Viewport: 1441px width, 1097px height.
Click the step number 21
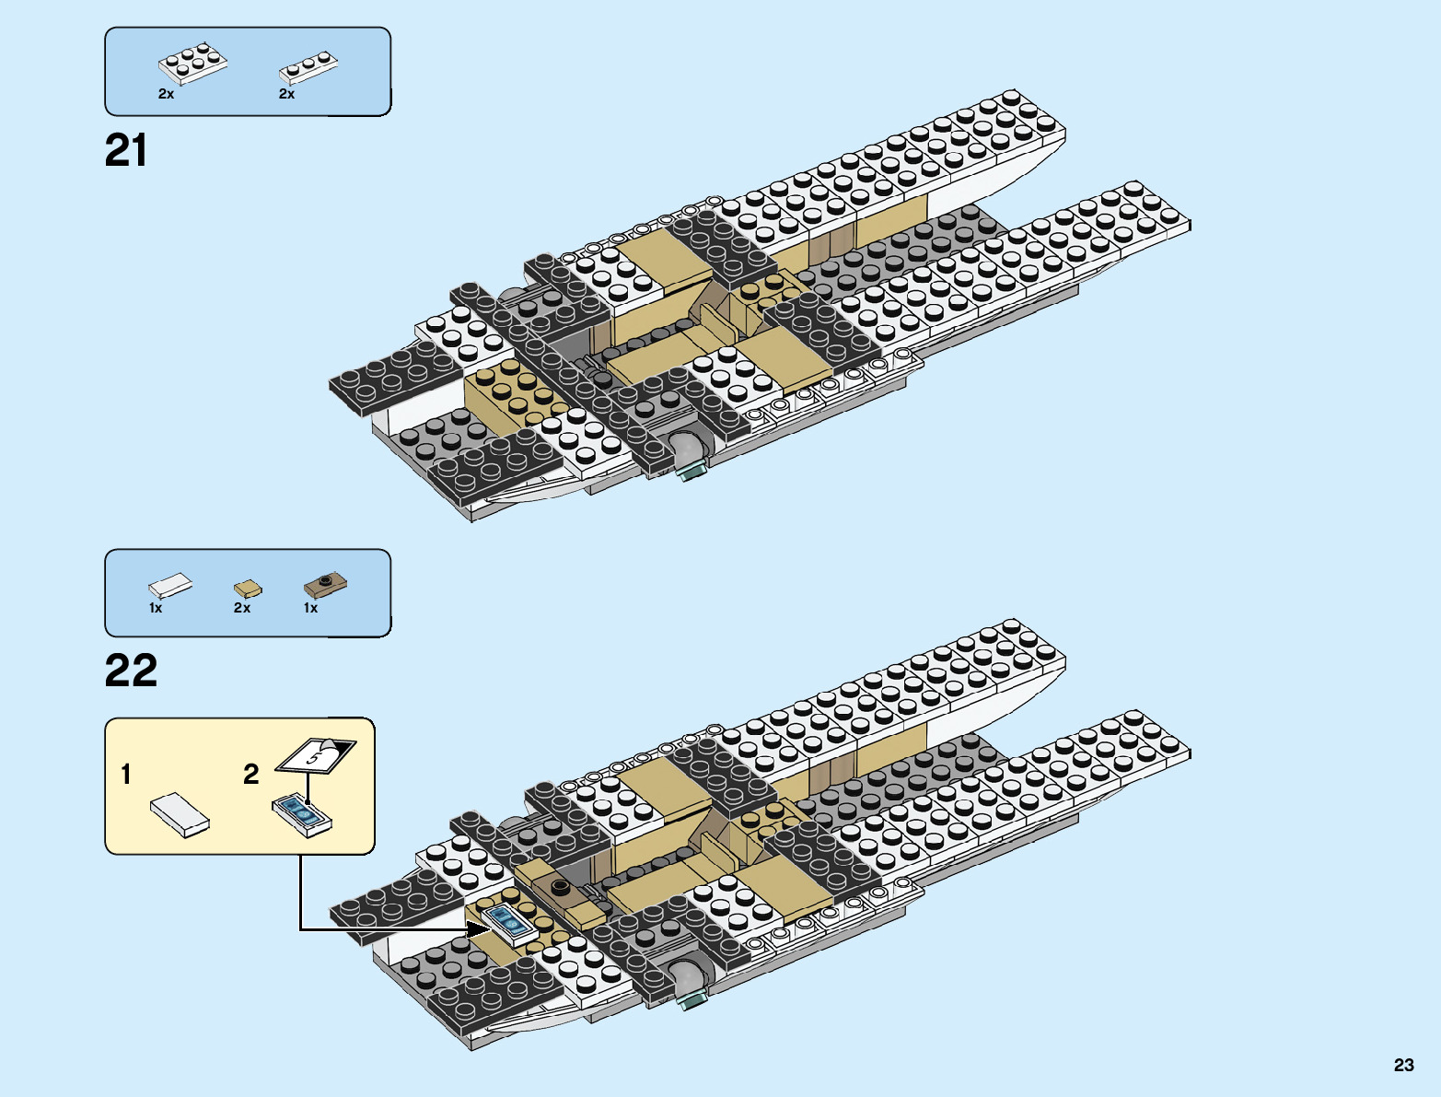pyautogui.click(x=126, y=151)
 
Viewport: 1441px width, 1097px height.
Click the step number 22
pyautogui.click(x=131, y=671)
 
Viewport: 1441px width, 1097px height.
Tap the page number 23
pyautogui.click(x=1403, y=1065)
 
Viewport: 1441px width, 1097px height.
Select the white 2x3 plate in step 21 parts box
pyautogui.click(x=192, y=64)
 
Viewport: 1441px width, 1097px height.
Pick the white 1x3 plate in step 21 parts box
pyautogui.click(x=308, y=67)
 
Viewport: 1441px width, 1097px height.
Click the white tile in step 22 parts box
pyautogui.click(x=170, y=585)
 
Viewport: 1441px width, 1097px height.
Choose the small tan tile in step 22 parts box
pyautogui.click(x=247, y=588)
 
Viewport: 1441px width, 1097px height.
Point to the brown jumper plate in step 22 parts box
pyautogui.click(x=326, y=583)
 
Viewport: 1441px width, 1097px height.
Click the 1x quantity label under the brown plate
pyautogui.click(x=310, y=608)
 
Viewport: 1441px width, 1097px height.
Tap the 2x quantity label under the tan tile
pyautogui.click(x=242, y=608)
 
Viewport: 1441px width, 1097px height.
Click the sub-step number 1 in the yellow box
pyautogui.click(x=126, y=775)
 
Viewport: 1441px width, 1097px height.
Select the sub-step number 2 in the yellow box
pyautogui.click(x=250, y=775)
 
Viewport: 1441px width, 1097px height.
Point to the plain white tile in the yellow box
pyautogui.click(x=180, y=814)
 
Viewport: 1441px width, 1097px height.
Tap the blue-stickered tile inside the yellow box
pyautogui.click(x=301, y=814)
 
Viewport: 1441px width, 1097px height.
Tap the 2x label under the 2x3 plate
pyautogui.click(x=166, y=94)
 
